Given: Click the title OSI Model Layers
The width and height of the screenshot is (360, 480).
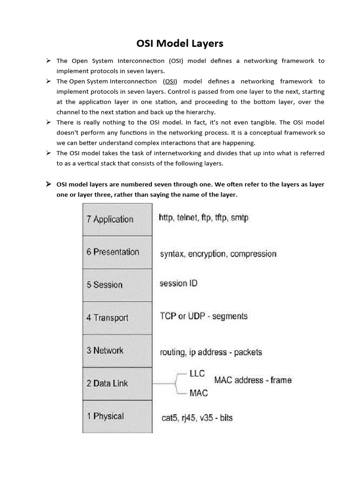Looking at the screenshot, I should pos(180,44).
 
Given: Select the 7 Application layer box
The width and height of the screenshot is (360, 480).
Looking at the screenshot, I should pos(117,219).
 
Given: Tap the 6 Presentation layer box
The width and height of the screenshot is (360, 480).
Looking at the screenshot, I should pos(117,252).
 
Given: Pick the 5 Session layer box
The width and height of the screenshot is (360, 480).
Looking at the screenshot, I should pos(117,285).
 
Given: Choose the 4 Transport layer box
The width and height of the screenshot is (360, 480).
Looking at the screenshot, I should pos(117,318).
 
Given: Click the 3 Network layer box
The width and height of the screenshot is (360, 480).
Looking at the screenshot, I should pos(117,351).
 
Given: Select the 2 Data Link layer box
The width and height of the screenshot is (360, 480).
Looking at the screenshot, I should pos(117,383).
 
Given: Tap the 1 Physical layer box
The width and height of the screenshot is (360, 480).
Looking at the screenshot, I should pos(117,416).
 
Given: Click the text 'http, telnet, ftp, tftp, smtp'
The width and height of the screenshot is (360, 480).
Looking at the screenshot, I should pos(203,218).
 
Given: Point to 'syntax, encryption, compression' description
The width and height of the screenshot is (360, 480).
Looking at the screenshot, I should pos(218,254).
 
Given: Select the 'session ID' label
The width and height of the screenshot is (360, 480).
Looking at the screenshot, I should pos(179,284).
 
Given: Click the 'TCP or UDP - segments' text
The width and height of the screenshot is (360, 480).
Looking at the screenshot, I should pos(203,316).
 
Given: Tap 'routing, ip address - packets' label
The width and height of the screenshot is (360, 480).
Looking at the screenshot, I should pos(211,352).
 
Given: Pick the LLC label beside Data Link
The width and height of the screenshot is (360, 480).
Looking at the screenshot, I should pos(197,374).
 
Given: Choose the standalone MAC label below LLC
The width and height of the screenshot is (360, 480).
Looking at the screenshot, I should pos(198,393).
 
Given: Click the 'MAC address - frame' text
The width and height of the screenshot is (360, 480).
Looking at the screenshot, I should pos(253,380).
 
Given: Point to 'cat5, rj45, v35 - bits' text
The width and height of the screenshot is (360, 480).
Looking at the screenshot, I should pos(196,417).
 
